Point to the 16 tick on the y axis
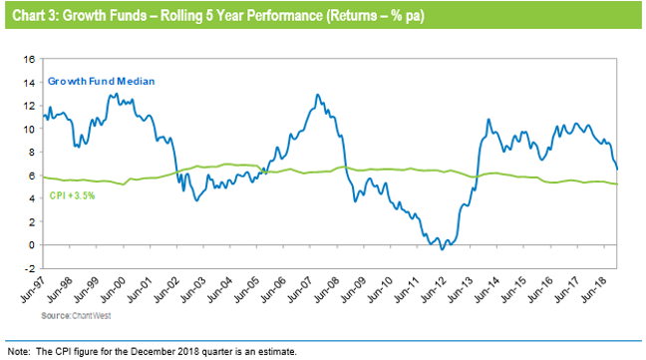click(x=30, y=60)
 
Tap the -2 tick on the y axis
click(x=30, y=268)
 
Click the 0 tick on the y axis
click(x=33, y=245)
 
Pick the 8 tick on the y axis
click(x=33, y=153)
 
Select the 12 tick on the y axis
click(x=30, y=107)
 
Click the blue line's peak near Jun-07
click(x=317, y=96)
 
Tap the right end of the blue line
click(x=617, y=169)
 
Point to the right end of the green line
click(x=617, y=183)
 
